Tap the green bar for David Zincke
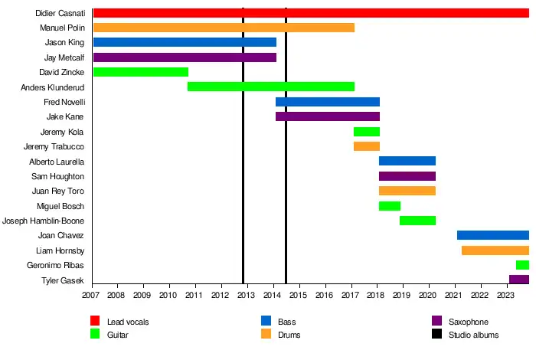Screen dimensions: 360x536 (141, 72)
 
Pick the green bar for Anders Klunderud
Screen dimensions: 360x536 (271, 87)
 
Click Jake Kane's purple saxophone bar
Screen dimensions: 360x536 (328, 116)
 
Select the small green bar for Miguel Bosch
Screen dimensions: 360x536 (390, 206)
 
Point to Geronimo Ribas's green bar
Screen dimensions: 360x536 (522, 265)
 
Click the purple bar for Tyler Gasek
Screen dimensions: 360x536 (519, 280)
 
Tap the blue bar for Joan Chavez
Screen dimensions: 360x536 (493, 235)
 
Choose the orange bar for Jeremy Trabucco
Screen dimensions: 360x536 (367, 146)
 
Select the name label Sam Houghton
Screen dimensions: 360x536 (58, 176)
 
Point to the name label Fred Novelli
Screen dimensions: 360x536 (64, 102)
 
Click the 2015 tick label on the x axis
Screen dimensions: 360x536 (299, 295)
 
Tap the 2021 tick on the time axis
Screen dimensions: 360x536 (454, 295)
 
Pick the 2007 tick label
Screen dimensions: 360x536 (91, 295)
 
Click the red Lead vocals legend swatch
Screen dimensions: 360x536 (95, 322)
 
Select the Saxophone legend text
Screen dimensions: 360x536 (469, 322)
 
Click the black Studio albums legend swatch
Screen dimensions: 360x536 (437, 334)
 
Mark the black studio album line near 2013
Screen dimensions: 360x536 (243, 153)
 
